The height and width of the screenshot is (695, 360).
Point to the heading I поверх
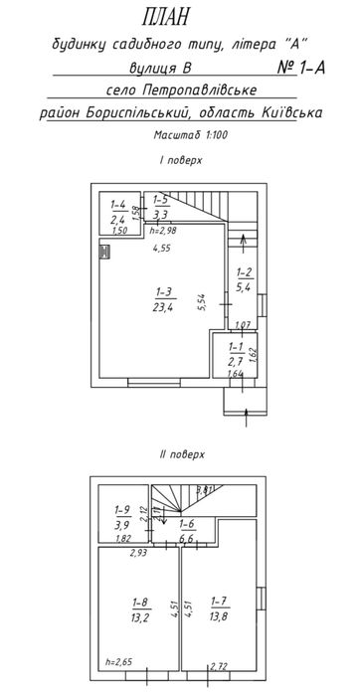point(179,160)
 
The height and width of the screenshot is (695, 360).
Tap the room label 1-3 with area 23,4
point(163,299)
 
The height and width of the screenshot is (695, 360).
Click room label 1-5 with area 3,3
point(161,207)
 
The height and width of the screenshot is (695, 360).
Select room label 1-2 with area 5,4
point(243,279)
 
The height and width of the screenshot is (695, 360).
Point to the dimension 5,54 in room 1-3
point(202,302)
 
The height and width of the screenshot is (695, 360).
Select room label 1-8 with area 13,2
point(138,608)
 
